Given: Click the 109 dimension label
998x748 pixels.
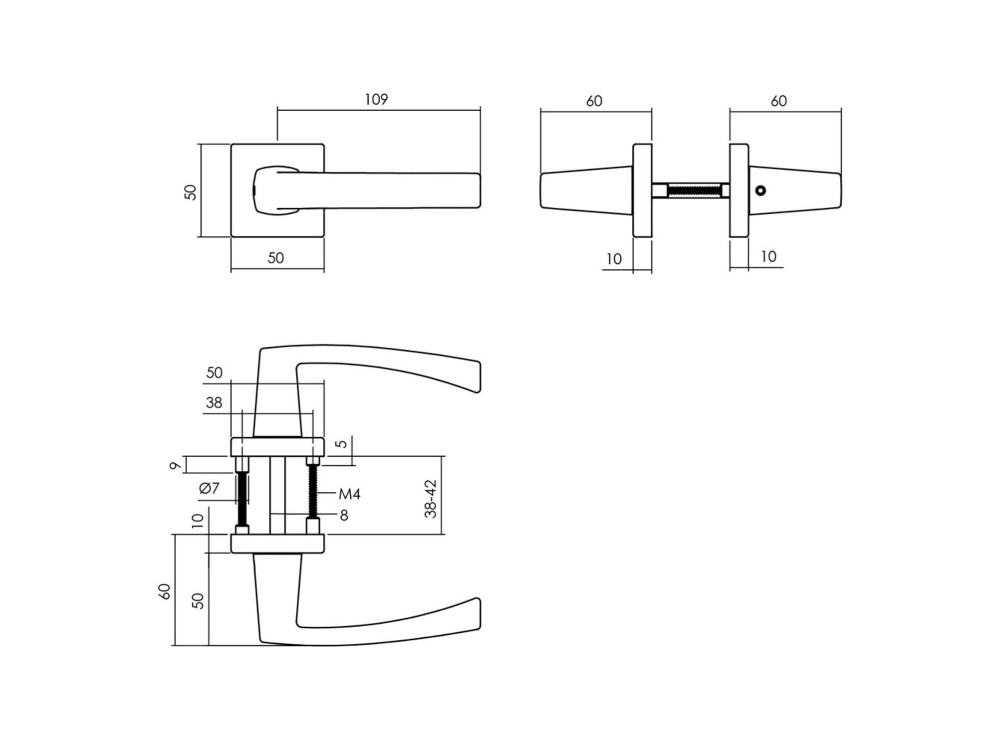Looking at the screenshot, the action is (x=376, y=100).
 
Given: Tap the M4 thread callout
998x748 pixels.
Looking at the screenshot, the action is (x=349, y=494).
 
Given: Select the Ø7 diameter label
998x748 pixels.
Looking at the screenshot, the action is (x=210, y=488).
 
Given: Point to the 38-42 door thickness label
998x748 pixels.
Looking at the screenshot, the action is (x=431, y=499).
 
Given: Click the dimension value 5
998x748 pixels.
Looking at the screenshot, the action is (x=341, y=444).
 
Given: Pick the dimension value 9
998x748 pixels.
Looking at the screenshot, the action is (x=175, y=466).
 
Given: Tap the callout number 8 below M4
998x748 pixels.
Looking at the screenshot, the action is (x=344, y=516).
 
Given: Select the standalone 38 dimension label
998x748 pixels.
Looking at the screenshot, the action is (x=214, y=402).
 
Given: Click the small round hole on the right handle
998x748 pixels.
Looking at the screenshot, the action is (x=760, y=190).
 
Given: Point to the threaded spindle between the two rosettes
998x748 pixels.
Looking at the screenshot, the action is (x=694, y=190).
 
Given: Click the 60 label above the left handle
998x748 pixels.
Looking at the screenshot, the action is (x=594, y=101).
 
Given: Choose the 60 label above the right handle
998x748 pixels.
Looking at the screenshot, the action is (x=778, y=101).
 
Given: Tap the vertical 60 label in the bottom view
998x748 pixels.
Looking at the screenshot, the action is (x=164, y=591).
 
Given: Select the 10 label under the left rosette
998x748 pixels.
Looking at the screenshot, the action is (x=614, y=259).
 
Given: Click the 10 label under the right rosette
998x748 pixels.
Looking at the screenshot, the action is (x=768, y=257).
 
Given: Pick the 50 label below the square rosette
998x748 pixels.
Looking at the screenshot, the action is (x=275, y=258).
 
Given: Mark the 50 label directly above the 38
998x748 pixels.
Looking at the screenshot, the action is (x=214, y=373).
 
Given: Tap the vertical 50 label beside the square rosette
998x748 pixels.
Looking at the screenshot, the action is (x=191, y=192).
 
